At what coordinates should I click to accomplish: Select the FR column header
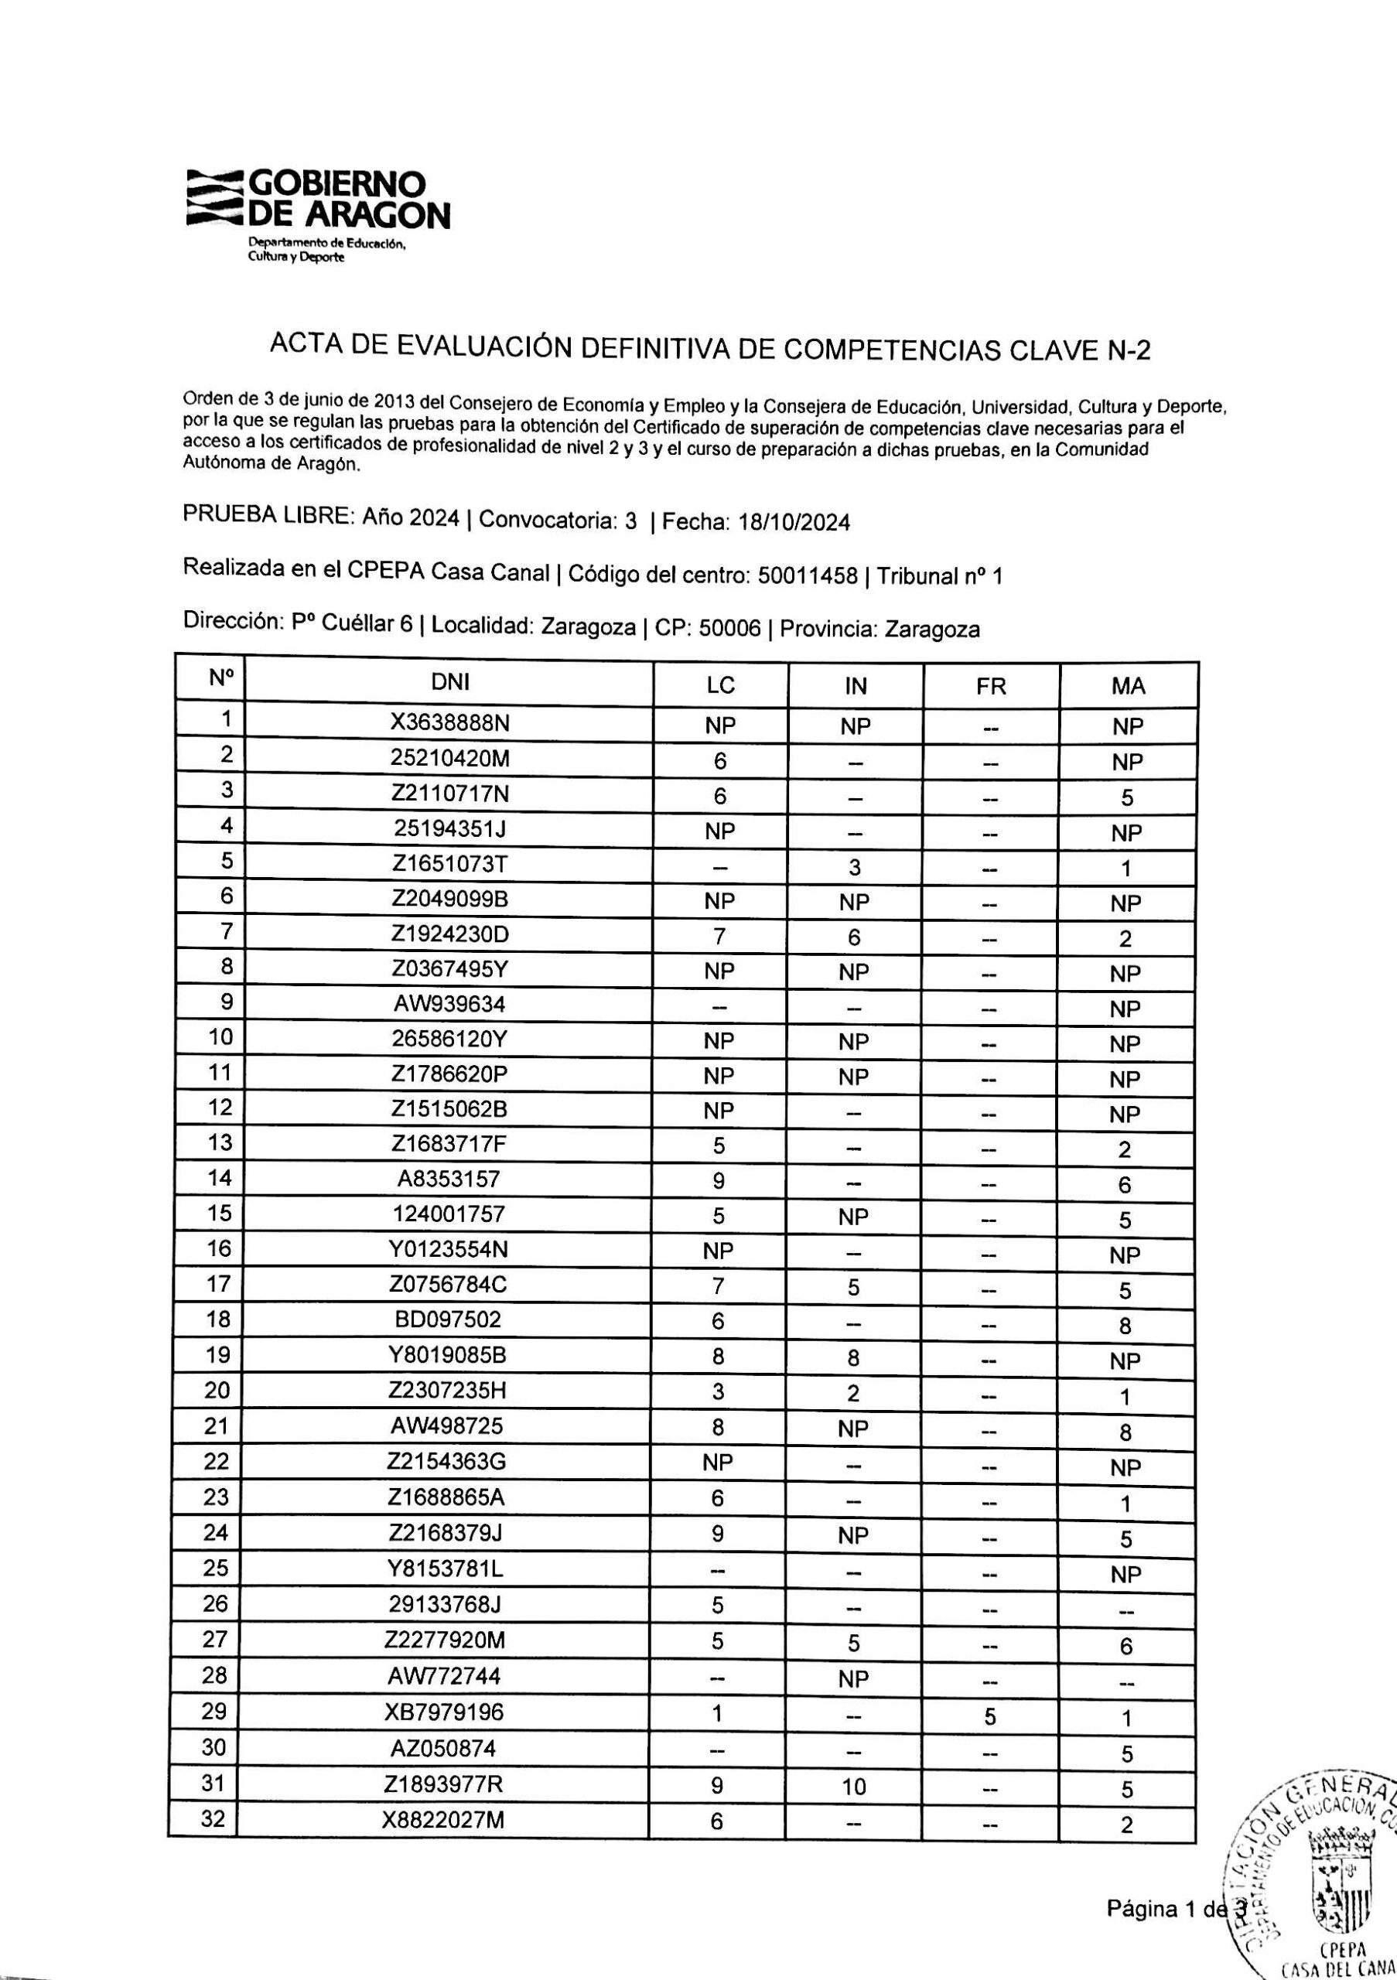(x=991, y=687)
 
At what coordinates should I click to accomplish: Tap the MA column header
(x=1128, y=687)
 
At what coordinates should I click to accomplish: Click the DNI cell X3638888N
(x=449, y=723)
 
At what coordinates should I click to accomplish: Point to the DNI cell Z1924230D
(x=449, y=935)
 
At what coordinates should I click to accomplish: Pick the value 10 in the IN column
(x=854, y=1787)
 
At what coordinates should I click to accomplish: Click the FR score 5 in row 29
(x=990, y=1716)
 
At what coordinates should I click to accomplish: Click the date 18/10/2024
(x=794, y=523)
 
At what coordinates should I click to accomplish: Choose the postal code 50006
(x=729, y=629)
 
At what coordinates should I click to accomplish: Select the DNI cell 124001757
(x=448, y=1214)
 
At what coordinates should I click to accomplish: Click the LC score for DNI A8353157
(x=719, y=1179)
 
